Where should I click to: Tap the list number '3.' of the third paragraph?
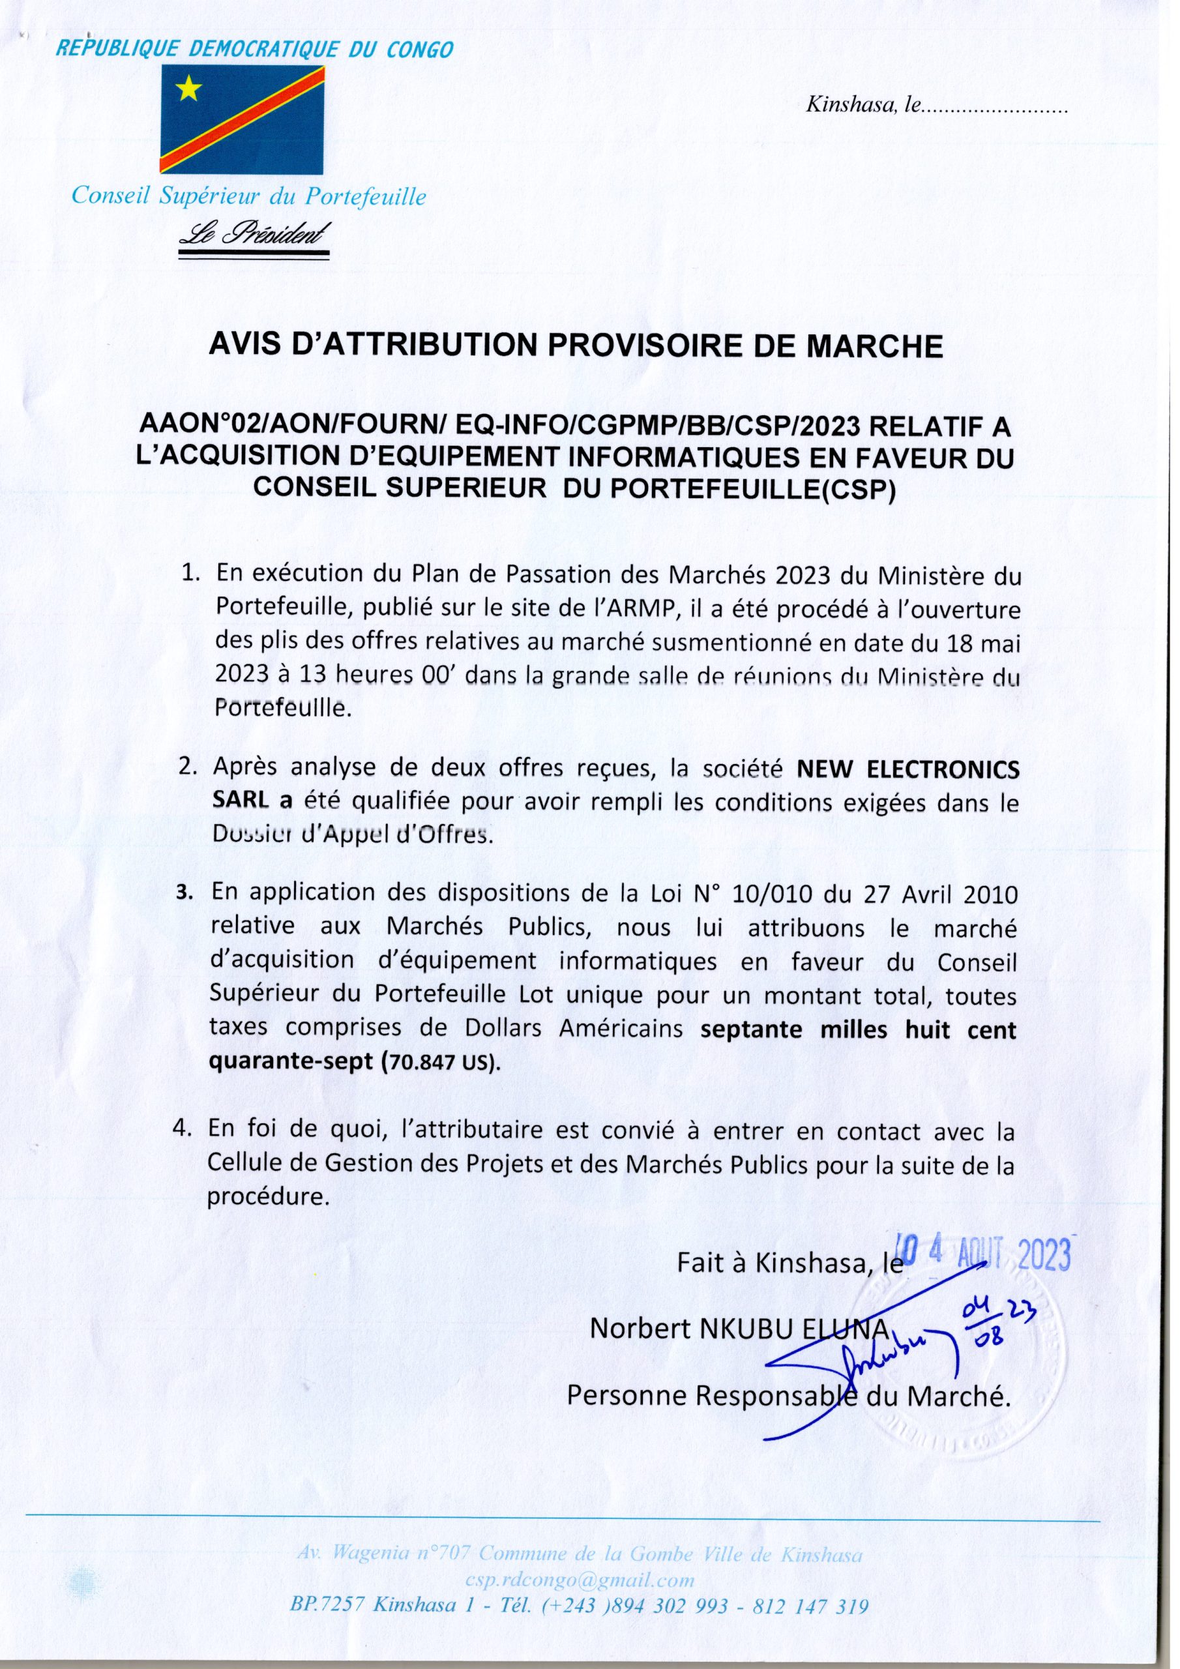pyautogui.click(x=184, y=892)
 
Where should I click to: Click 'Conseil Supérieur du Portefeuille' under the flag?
pyautogui.click(x=247, y=196)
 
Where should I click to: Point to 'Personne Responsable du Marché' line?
pyautogui.click(x=788, y=1396)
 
